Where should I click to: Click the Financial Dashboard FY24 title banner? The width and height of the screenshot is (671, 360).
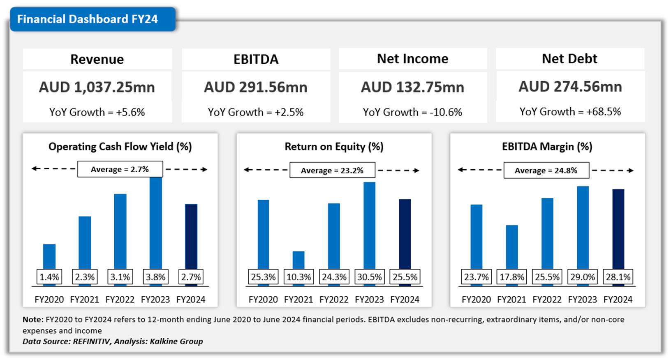tap(88, 19)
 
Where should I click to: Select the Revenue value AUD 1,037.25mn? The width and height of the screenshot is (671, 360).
tap(97, 87)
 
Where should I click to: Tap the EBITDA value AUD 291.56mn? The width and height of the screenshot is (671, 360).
tap(256, 87)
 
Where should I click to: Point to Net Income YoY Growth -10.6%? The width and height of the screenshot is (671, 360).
tap(412, 112)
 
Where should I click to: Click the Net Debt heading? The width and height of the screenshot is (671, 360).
tap(569, 59)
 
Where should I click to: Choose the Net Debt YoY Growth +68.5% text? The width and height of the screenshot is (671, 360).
tap(570, 112)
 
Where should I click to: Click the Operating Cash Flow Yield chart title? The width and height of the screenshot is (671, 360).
tap(120, 147)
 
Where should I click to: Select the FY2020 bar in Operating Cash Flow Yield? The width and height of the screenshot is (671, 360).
tap(49, 257)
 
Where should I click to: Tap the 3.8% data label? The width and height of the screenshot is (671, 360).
tap(155, 277)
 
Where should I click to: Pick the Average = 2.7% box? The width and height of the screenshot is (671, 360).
tap(120, 169)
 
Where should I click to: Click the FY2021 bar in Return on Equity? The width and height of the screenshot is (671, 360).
tap(298, 260)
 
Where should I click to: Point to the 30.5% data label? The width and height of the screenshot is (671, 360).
tap(369, 277)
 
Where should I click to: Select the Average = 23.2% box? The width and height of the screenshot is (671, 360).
tap(332, 171)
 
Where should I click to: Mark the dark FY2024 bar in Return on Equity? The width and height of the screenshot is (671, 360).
tap(405, 234)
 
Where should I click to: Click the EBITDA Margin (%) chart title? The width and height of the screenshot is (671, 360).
tap(547, 147)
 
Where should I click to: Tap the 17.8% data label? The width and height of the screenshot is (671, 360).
tap(512, 277)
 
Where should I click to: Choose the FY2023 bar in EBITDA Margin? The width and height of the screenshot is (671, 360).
tap(583, 228)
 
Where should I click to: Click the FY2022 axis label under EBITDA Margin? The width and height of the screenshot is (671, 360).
tap(547, 300)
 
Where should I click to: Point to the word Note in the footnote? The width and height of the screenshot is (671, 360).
tap(32, 320)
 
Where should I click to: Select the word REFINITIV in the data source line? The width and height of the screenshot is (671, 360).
tap(92, 342)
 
